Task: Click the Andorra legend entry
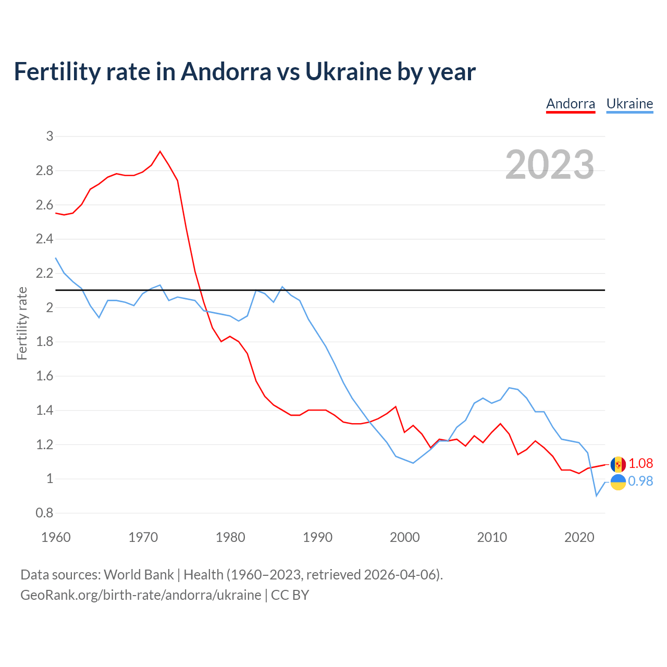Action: pos(571,104)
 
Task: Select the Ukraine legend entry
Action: pos(629,104)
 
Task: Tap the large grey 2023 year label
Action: pos(550,165)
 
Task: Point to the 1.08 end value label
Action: pos(640,463)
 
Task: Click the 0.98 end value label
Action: pos(640,481)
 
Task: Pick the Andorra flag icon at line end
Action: pos(618,464)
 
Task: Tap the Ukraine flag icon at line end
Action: pos(618,482)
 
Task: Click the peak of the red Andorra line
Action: pos(160,152)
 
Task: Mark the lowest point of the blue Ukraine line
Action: pos(597,496)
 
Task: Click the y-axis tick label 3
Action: pos(50,137)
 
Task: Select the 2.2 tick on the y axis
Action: pos(45,274)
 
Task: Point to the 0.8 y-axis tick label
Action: pos(45,513)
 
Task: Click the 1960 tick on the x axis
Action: pos(56,537)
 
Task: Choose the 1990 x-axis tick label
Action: pos(317,537)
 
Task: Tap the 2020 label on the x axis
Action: pos(579,537)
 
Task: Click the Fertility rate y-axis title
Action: pos(22,324)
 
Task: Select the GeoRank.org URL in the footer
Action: pos(141,595)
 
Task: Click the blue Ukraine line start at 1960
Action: pos(56,258)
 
